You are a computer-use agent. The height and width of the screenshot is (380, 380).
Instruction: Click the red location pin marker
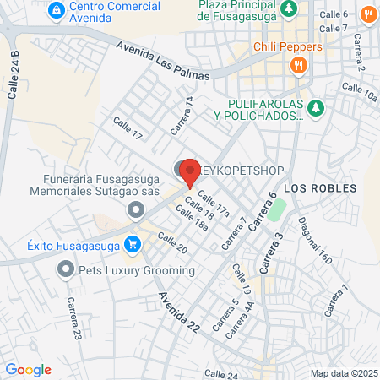[190, 171]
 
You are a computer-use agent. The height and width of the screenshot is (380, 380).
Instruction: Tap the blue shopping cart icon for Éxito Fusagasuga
[132, 245]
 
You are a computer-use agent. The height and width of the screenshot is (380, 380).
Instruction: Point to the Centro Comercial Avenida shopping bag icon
[56, 9]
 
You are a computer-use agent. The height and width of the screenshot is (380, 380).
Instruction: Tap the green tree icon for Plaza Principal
[289, 8]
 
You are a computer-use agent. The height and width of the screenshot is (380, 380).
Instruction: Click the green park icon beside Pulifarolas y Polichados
[315, 107]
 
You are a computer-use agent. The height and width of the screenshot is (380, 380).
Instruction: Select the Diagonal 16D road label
[314, 241]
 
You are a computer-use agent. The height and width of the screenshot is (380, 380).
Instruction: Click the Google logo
[28, 369]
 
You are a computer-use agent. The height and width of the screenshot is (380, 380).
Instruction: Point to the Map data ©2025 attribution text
[343, 372]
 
